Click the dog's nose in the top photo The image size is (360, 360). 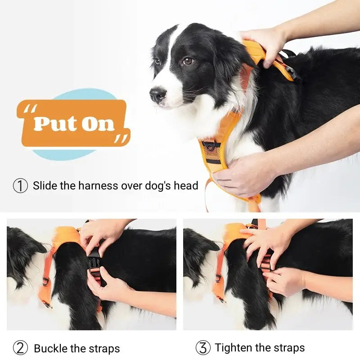tap(158, 94)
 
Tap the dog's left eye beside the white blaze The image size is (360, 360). tap(187, 61)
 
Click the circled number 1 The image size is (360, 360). tap(20, 186)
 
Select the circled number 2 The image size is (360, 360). tap(20, 348)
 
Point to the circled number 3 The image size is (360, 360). tap(203, 347)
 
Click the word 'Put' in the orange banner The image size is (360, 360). tap(54, 123)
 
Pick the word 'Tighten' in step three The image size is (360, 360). tap(234, 347)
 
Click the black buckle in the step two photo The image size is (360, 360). tap(94, 261)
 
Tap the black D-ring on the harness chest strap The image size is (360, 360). tap(211, 146)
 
